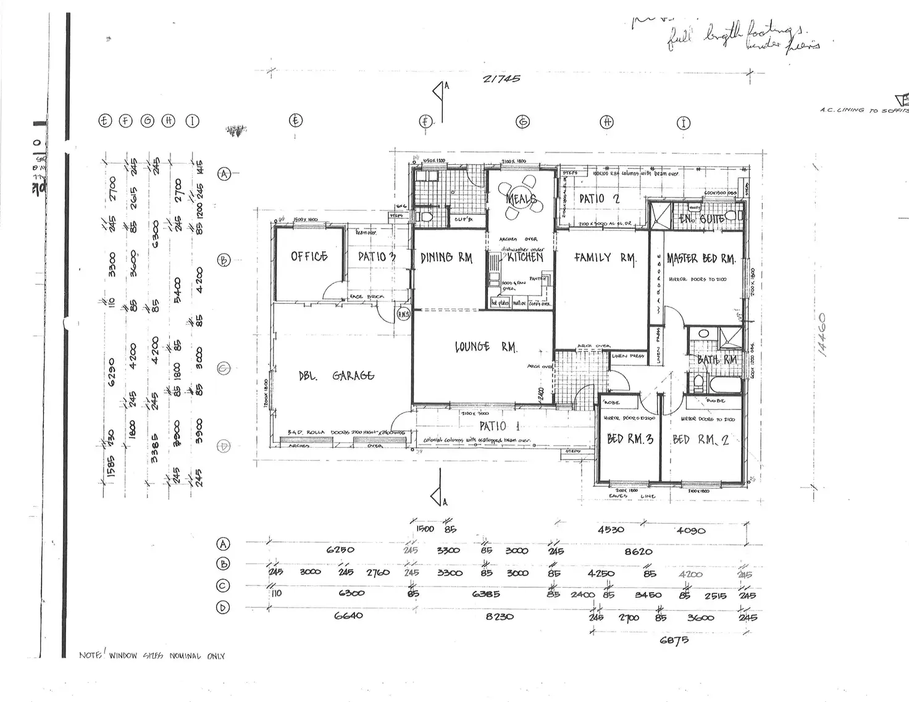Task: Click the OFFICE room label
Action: coord(309,256)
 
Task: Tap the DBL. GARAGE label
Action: coord(337,375)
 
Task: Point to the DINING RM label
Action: coord(446,257)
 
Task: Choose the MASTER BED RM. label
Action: coord(701,258)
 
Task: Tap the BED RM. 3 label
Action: coord(630,439)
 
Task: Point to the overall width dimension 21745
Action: coord(501,78)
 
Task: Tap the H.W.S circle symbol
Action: coord(403,315)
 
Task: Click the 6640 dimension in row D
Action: coord(348,615)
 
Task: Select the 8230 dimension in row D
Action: coord(499,616)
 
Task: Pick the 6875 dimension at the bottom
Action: coord(674,640)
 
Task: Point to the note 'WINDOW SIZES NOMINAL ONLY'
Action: coord(152,656)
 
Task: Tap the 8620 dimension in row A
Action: coord(639,551)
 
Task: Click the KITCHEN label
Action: coord(525,257)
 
